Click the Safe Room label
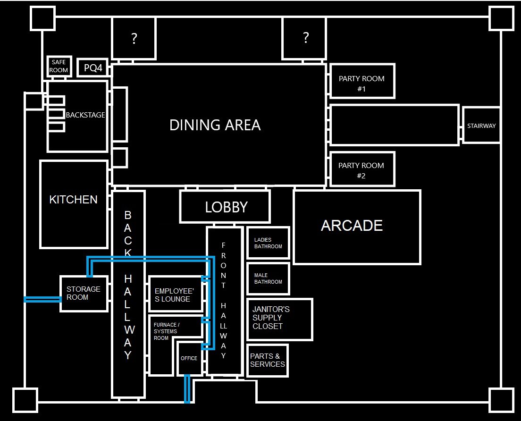click(59, 66)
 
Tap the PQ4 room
click(93, 68)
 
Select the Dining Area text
click(215, 125)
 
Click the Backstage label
click(85, 115)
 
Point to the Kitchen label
click(74, 200)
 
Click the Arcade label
click(352, 226)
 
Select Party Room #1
click(361, 83)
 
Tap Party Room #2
click(361, 170)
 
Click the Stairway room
click(481, 126)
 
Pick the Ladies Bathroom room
click(268, 243)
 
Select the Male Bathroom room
click(268, 278)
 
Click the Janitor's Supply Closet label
click(271, 318)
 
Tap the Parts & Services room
click(268, 360)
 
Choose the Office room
click(189, 359)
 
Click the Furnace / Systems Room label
click(166, 331)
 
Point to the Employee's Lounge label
click(173, 295)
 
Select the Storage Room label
click(84, 293)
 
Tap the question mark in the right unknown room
click(305, 37)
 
